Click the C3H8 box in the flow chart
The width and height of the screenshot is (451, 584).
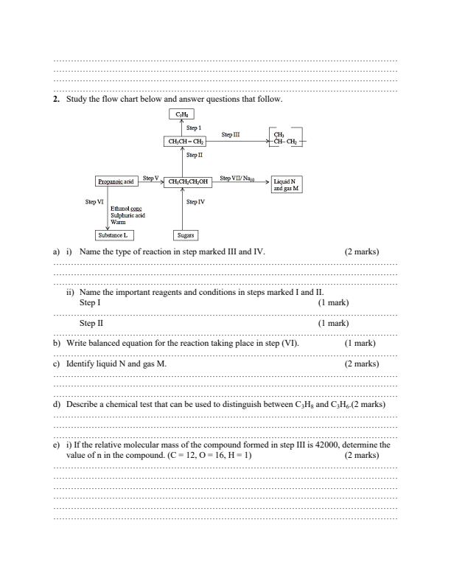(x=181, y=114)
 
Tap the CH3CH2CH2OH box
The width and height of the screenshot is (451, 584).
(x=189, y=181)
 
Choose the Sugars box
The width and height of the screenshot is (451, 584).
(x=184, y=235)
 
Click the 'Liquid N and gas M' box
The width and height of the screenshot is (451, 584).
(x=286, y=184)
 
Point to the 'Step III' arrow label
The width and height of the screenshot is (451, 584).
(x=231, y=135)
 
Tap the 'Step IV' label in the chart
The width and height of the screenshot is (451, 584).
(x=195, y=201)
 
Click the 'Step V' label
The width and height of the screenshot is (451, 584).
(x=151, y=178)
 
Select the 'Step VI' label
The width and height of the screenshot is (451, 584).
(x=94, y=201)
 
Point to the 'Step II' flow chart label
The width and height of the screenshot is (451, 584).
(x=195, y=155)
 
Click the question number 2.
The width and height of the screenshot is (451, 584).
(x=56, y=99)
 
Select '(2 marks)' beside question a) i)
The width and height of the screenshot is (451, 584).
(x=361, y=251)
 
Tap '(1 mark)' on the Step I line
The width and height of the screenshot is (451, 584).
(x=333, y=303)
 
